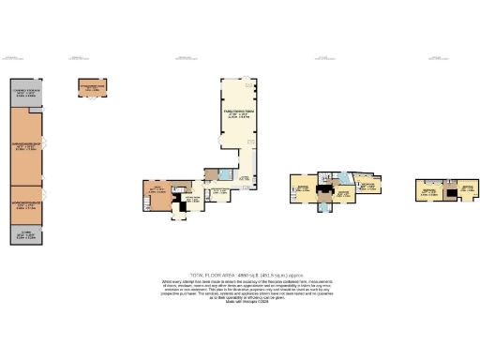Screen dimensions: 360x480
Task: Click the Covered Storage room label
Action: coord(25,93)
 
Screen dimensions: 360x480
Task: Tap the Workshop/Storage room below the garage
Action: coord(25,202)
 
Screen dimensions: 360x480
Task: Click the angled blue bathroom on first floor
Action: coord(345,178)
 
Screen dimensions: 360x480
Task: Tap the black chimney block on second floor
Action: coord(445,191)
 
